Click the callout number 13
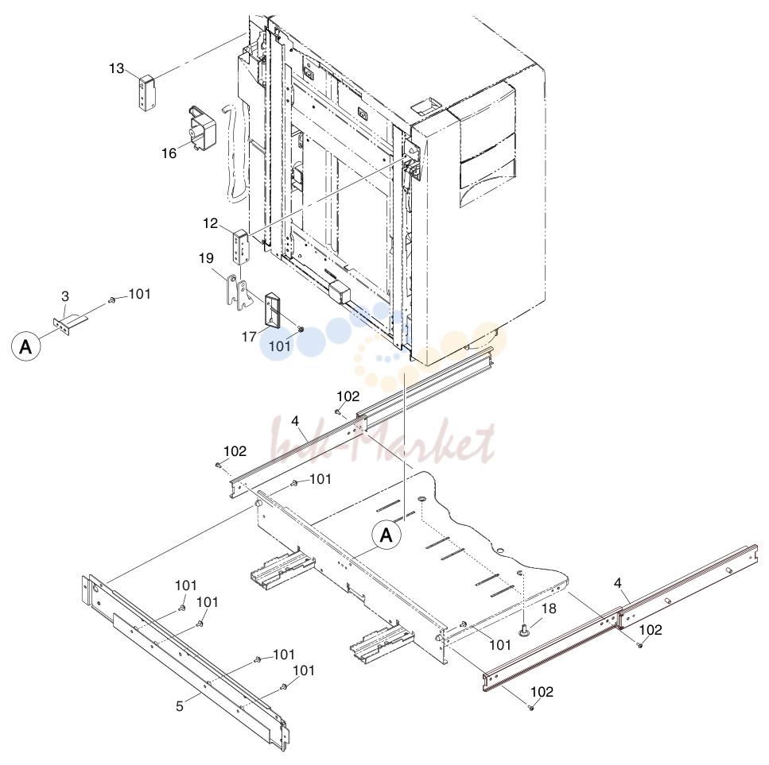pos(117,68)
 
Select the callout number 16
pos(169,153)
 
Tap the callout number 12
pos(211,223)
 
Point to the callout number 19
pos(207,257)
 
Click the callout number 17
pos(249,337)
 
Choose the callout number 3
pos(65,296)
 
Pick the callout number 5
pos(180,706)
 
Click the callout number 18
pos(550,609)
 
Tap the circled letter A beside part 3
pos(25,346)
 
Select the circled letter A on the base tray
pos(386,535)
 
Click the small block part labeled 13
pos(146,93)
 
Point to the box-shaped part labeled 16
pos(202,127)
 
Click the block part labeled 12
pos(241,248)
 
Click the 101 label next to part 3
pos(139,294)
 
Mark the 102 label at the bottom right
pos(542,692)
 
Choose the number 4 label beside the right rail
pos(617,583)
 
